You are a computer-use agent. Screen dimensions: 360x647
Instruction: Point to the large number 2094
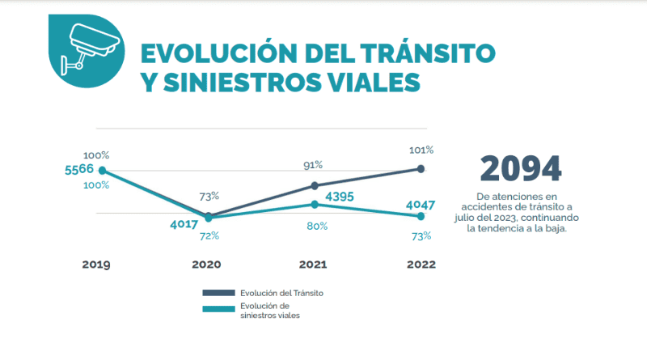click(x=520, y=168)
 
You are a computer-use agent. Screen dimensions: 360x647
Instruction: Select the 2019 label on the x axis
click(x=95, y=265)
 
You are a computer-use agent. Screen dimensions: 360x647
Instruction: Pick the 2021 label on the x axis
click(x=314, y=265)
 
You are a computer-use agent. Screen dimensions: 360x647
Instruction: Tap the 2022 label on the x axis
click(x=421, y=265)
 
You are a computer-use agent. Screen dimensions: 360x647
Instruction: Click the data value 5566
click(x=79, y=169)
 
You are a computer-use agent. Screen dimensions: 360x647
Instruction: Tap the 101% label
click(x=421, y=150)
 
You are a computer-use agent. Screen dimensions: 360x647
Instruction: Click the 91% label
click(x=313, y=164)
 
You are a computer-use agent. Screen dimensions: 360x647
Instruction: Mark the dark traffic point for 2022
click(x=421, y=168)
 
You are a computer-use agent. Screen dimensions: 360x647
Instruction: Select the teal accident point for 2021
click(x=314, y=204)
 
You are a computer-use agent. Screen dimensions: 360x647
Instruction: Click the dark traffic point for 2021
click(x=314, y=185)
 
